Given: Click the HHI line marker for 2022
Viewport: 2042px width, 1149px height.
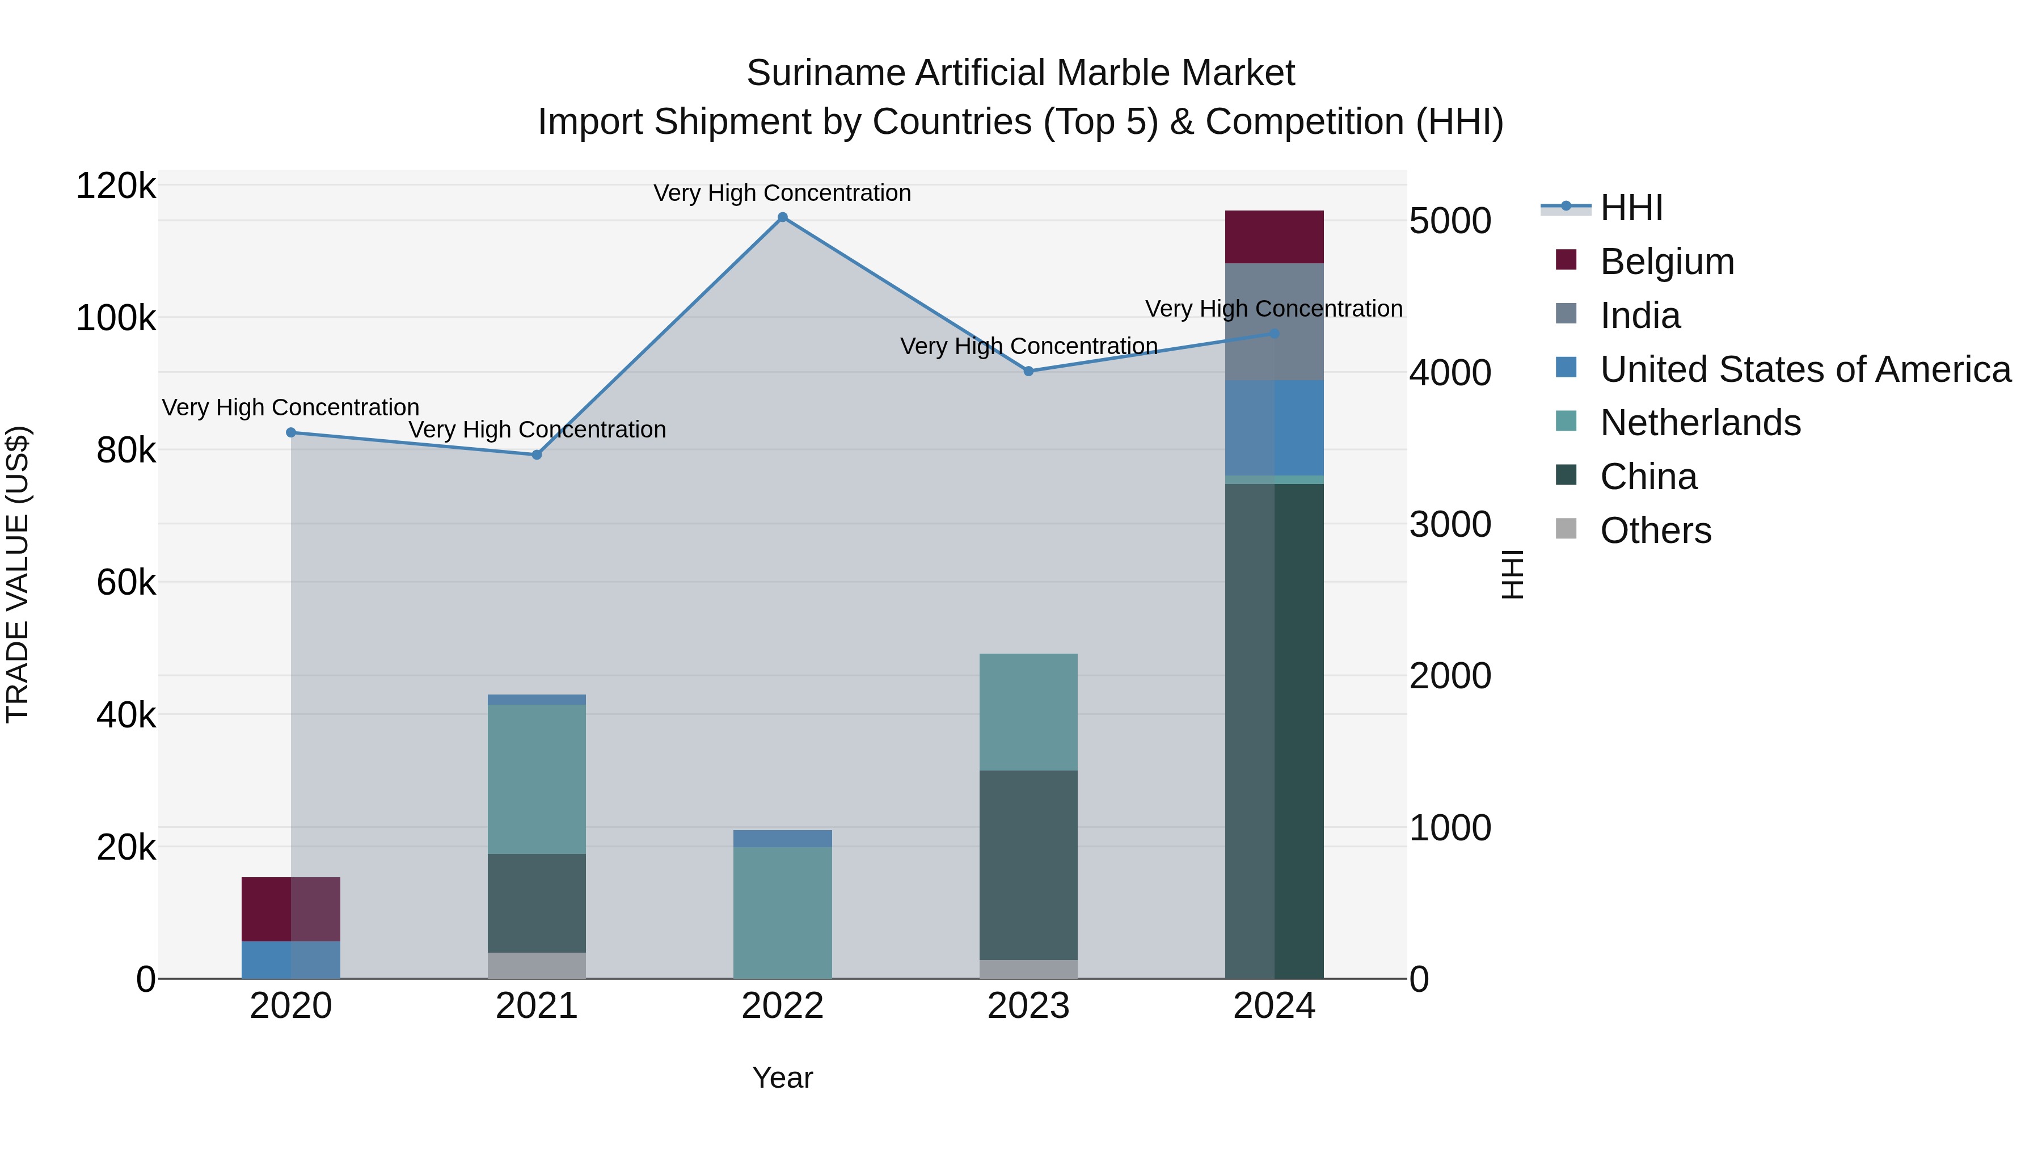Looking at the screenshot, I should coord(782,217).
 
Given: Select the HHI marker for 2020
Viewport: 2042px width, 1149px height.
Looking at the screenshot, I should coord(291,432).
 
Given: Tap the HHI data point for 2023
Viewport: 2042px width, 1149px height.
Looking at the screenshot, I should coord(1028,371).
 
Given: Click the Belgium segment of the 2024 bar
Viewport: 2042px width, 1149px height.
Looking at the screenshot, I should coord(1274,237).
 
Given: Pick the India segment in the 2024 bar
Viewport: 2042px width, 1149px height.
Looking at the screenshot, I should coord(1274,321).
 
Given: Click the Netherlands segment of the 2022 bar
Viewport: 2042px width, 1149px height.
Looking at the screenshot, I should coord(782,912).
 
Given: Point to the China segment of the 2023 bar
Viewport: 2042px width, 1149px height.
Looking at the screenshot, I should coord(1028,864).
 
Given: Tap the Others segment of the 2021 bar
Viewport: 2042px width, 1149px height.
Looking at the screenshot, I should coord(537,965).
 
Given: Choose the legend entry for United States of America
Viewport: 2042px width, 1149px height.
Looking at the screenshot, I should coord(1805,369).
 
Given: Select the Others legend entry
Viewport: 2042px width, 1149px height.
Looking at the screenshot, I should coord(1655,531).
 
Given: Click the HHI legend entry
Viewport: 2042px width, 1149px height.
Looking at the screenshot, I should coord(1631,208).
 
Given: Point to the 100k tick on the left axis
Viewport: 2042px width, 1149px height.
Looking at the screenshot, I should coord(116,319).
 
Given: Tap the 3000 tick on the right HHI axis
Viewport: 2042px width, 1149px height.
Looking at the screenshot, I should coord(1450,524).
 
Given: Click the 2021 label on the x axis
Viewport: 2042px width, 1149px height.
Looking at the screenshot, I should coord(537,1006).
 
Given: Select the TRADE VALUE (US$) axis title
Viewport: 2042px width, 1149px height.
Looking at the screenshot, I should coord(18,574).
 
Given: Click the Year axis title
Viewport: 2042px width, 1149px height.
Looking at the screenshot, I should coord(782,1078).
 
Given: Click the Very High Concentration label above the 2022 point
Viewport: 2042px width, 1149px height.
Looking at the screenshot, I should coord(782,193).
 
